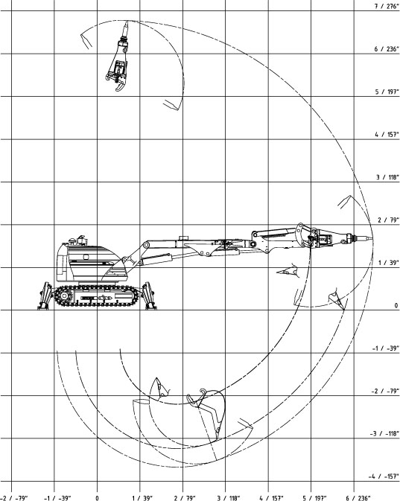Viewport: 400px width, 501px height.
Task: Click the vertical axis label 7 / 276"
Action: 387,6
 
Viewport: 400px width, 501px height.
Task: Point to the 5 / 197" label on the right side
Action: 387,92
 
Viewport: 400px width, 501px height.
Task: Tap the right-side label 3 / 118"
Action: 387,177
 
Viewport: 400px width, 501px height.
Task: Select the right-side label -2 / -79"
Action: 385,391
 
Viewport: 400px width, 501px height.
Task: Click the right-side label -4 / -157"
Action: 384,476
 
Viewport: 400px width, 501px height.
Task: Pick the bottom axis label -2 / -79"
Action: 14,498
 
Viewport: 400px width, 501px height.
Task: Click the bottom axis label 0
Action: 97,498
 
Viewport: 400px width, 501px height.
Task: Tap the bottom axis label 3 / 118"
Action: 229,498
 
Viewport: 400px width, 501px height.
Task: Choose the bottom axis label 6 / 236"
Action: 358,498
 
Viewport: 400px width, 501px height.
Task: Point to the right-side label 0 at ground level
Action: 396,305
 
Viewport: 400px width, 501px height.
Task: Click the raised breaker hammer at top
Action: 118,57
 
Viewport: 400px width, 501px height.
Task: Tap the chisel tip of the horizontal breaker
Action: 371,238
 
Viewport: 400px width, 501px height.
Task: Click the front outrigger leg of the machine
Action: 149,296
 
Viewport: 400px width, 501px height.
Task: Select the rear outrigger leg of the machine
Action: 45,296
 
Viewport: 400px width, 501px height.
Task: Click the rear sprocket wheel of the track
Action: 64,296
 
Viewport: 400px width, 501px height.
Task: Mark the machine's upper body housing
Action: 88,262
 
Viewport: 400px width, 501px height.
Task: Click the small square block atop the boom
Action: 183,238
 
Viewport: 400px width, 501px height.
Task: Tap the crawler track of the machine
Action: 97,296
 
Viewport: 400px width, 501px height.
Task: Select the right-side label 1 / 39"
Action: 388,263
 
